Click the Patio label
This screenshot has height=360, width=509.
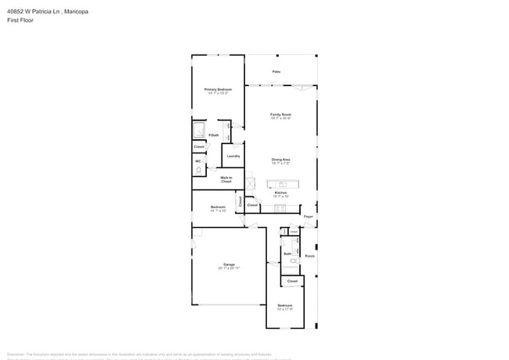(276, 71)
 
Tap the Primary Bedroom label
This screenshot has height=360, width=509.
(218, 89)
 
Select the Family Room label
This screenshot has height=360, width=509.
(280, 114)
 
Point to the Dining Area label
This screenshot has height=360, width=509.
(280, 160)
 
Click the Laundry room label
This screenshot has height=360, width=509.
(233, 156)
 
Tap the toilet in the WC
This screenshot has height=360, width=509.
(199, 168)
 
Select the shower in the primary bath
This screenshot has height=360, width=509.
(199, 130)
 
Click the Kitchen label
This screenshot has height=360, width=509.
(280, 192)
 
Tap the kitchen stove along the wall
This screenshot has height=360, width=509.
(280, 209)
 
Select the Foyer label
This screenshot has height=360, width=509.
(309, 217)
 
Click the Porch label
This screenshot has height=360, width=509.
(309, 256)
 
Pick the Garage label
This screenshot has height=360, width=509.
(229, 265)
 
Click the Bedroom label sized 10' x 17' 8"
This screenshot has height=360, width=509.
(284, 305)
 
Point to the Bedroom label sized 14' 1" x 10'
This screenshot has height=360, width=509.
(218, 207)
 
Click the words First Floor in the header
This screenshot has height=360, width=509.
(20, 20)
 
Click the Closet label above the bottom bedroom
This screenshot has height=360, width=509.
(291, 280)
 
